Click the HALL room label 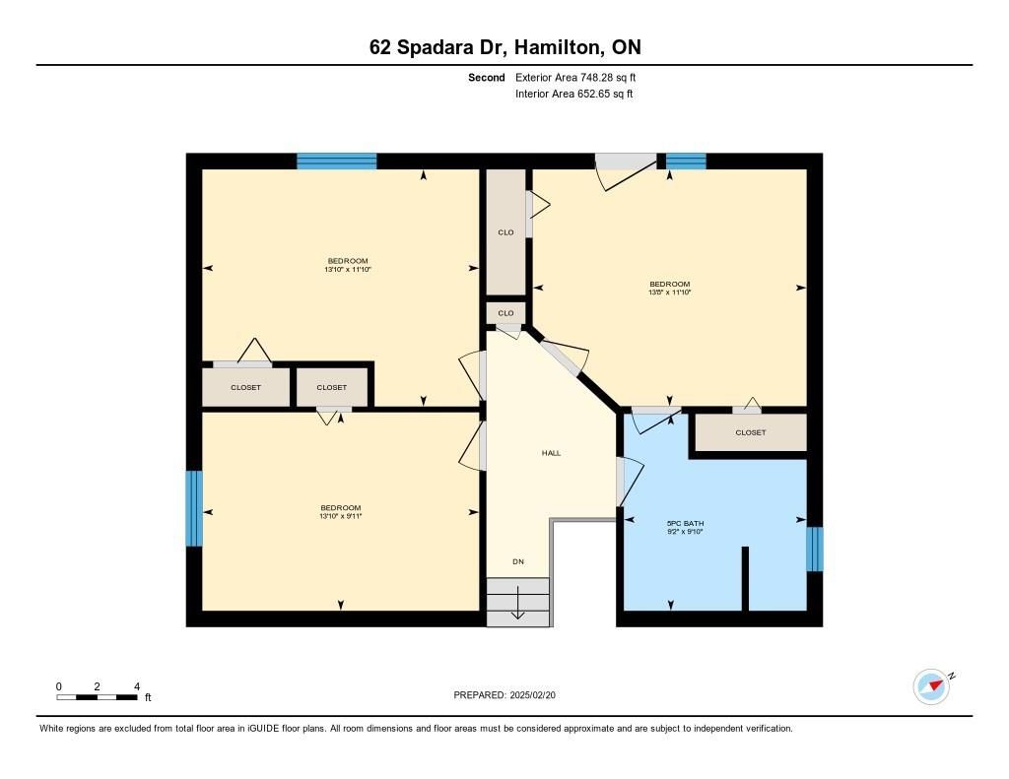pos(551,453)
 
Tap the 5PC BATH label pos(686,524)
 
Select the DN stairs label pos(518,561)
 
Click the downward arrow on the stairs pos(517,604)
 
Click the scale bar pos(97,697)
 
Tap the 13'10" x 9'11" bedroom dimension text pos(340,516)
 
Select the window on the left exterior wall pos(194,508)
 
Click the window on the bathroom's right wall pos(815,549)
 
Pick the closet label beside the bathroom pos(750,432)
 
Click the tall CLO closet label pos(505,232)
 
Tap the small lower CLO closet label pos(505,313)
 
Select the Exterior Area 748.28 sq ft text pos(575,77)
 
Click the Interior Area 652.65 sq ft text pos(574,94)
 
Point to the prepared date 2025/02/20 pos(533,694)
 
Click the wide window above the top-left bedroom pos(337,161)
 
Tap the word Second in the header pos(487,77)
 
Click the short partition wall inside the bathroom pos(745,578)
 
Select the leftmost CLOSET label pos(245,387)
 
